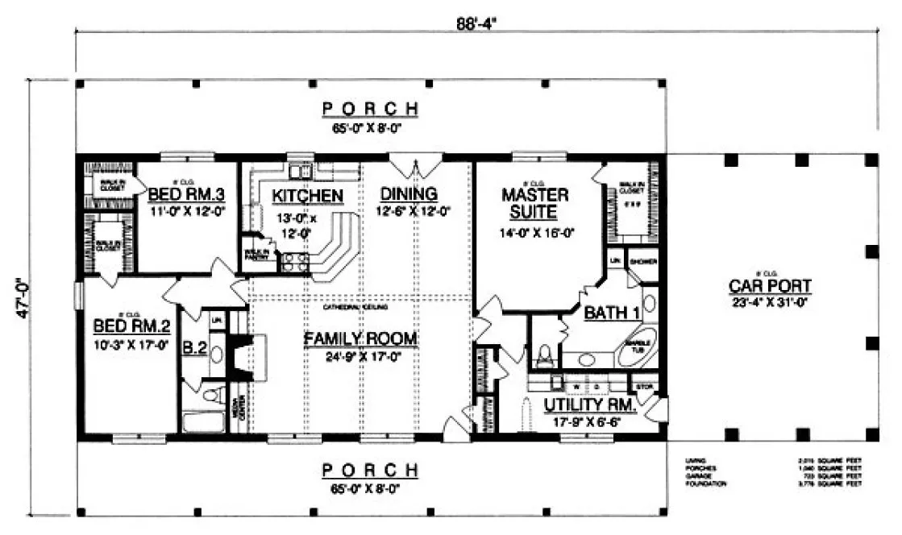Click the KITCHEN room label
coord(307,196)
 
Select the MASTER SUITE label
coord(534,204)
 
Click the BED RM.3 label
coord(178,193)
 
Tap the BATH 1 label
coord(609,313)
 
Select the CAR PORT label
coord(769,285)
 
